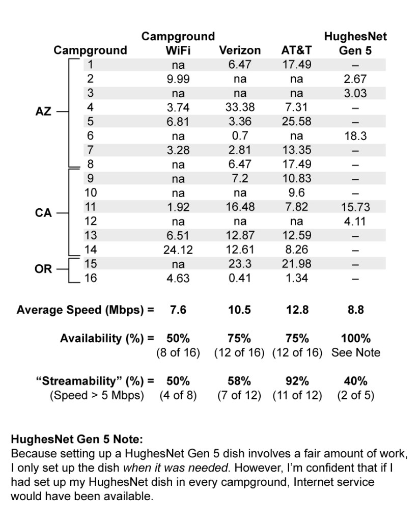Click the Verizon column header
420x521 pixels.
click(239, 50)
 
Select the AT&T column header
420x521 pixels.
click(296, 50)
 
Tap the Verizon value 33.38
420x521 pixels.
click(239, 107)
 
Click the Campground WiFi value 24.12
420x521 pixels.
click(178, 250)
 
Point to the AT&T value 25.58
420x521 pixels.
click(296, 122)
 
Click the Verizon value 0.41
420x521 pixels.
click(239, 279)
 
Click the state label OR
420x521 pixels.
click(43, 269)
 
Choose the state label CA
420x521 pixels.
click(43, 213)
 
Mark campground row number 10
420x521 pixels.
click(91, 193)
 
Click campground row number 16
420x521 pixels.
click(91, 279)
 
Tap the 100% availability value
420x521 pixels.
click(355, 338)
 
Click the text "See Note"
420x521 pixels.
click(355, 352)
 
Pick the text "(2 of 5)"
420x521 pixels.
click(355, 395)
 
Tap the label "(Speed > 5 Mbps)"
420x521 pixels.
click(97, 395)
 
